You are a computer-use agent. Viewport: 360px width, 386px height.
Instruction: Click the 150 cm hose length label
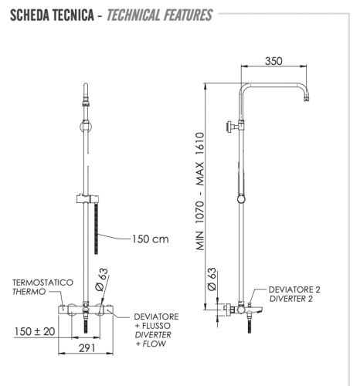pyautogui.click(x=149, y=239)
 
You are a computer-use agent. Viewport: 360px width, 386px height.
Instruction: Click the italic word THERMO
pyautogui.click(x=28, y=293)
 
